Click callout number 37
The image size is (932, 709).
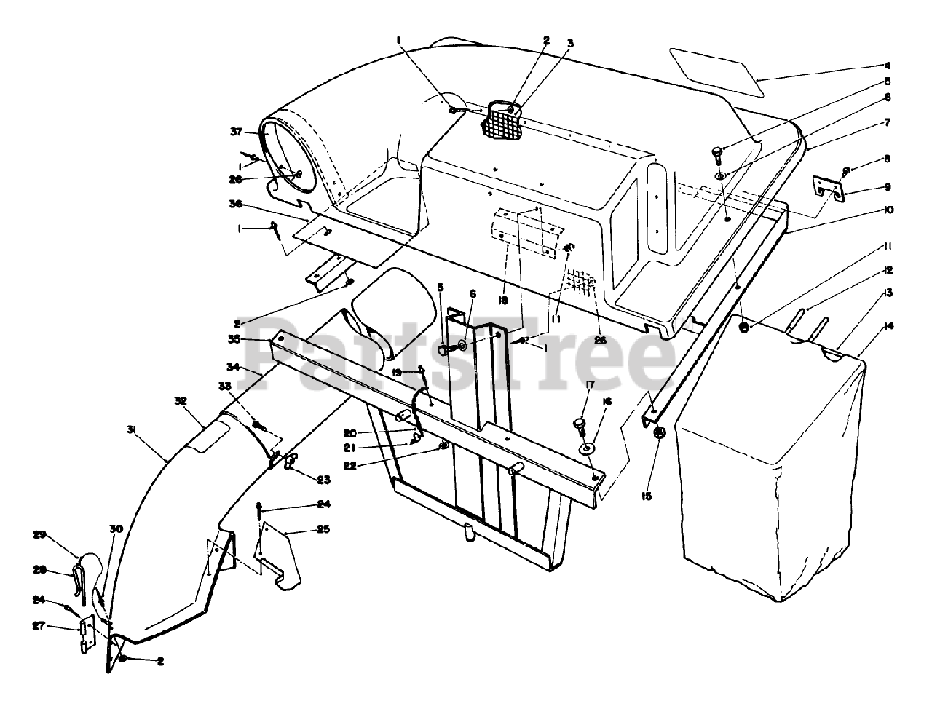[x=236, y=132]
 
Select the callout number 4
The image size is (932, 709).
[x=887, y=66]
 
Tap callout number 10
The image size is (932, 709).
[x=887, y=210]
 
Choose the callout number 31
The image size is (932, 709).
[x=131, y=429]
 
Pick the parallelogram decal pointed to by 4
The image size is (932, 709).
[x=717, y=71]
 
